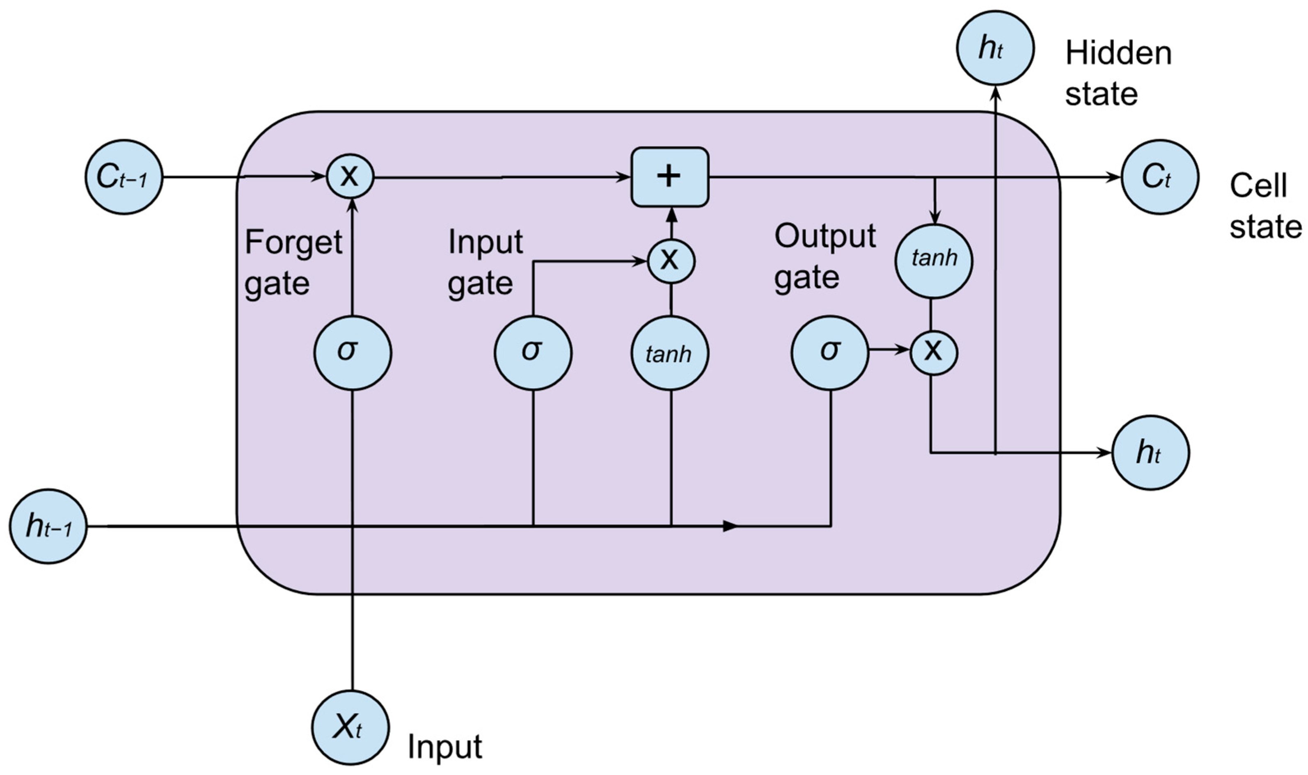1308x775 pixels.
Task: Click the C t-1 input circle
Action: tap(124, 177)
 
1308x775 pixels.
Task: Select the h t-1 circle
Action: tap(48, 526)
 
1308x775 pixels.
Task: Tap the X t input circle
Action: tap(350, 728)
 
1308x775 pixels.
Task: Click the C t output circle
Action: tap(1160, 177)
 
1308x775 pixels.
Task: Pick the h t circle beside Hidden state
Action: tap(995, 48)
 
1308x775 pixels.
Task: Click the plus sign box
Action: tap(670, 177)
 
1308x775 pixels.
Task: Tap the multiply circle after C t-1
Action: tap(350, 177)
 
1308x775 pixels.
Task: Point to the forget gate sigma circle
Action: tap(353, 352)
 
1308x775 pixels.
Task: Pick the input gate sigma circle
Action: tap(533, 352)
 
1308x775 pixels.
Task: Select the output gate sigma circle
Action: tap(830, 352)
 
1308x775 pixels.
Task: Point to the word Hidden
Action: tap(1118, 53)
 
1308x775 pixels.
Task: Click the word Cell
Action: tap(1258, 185)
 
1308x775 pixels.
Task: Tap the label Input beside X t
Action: tap(444, 747)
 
